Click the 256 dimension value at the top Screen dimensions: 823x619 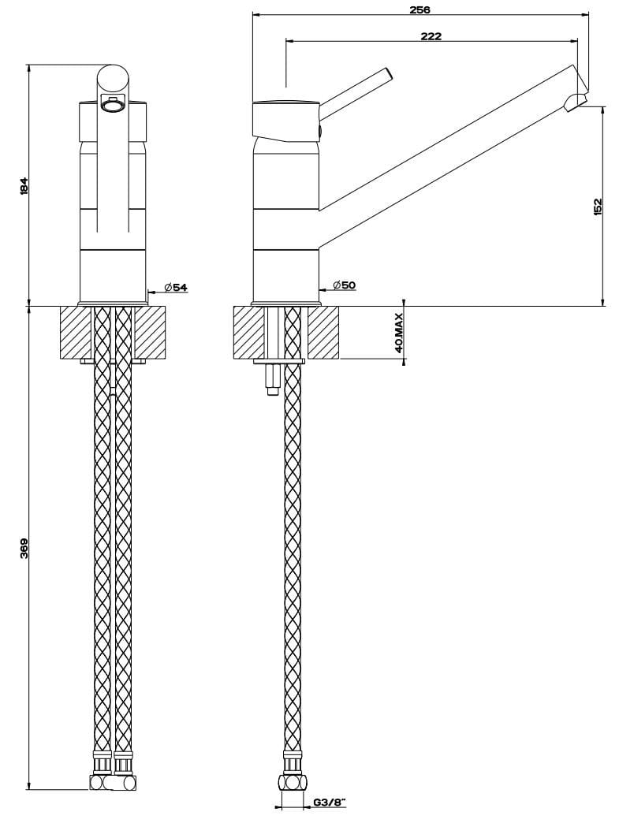[x=420, y=9]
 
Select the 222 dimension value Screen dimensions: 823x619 [x=431, y=36]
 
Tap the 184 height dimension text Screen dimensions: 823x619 [x=24, y=186]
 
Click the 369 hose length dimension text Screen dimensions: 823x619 [x=24, y=548]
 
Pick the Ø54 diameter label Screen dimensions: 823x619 [x=176, y=288]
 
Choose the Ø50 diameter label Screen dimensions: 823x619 [x=344, y=285]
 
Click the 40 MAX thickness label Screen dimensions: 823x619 [x=399, y=333]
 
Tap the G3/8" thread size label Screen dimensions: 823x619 [x=329, y=803]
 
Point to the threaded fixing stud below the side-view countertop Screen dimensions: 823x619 [x=272, y=378]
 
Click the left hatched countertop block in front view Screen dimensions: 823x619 [x=76, y=332]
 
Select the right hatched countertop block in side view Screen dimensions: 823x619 [x=323, y=332]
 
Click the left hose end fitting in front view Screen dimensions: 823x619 [x=103, y=781]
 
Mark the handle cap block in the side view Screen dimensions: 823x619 [x=284, y=119]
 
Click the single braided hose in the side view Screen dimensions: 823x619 [x=293, y=552]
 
